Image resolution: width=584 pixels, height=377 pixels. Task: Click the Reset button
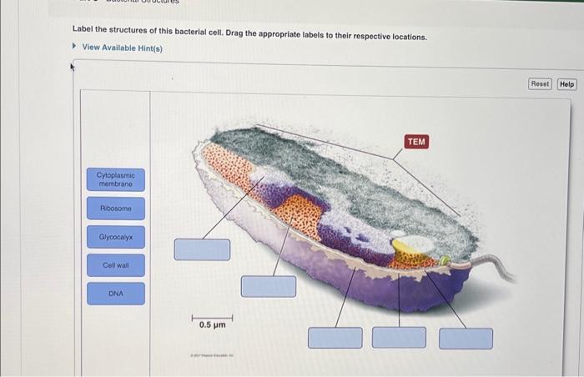pyautogui.click(x=540, y=84)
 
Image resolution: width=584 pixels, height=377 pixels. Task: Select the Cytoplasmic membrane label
pyautogui.click(x=115, y=179)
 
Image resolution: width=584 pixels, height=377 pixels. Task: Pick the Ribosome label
pyautogui.click(x=115, y=208)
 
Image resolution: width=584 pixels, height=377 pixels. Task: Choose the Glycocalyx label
pyautogui.click(x=115, y=238)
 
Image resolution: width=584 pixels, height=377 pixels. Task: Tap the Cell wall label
pyautogui.click(x=115, y=265)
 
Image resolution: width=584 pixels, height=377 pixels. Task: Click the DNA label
pyautogui.click(x=115, y=294)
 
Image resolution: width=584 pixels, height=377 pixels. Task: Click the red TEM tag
pyautogui.click(x=416, y=142)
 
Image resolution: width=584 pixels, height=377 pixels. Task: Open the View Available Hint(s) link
pyautogui.click(x=122, y=48)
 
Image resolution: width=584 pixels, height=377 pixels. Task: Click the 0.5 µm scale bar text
pyautogui.click(x=212, y=324)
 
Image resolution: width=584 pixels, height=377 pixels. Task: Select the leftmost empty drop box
pyautogui.click(x=202, y=249)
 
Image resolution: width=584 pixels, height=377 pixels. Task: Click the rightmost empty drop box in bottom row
pyautogui.click(x=466, y=338)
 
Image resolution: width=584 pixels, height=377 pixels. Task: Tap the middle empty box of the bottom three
pyautogui.click(x=399, y=338)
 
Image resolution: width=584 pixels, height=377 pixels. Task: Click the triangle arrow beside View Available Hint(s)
pyautogui.click(x=75, y=48)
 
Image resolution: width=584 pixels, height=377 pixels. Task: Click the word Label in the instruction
pyautogui.click(x=82, y=28)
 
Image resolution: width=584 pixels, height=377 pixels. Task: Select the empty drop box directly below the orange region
pyautogui.click(x=269, y=286)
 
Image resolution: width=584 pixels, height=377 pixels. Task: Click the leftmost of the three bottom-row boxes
pyautogui.click(x=335, y=338)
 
